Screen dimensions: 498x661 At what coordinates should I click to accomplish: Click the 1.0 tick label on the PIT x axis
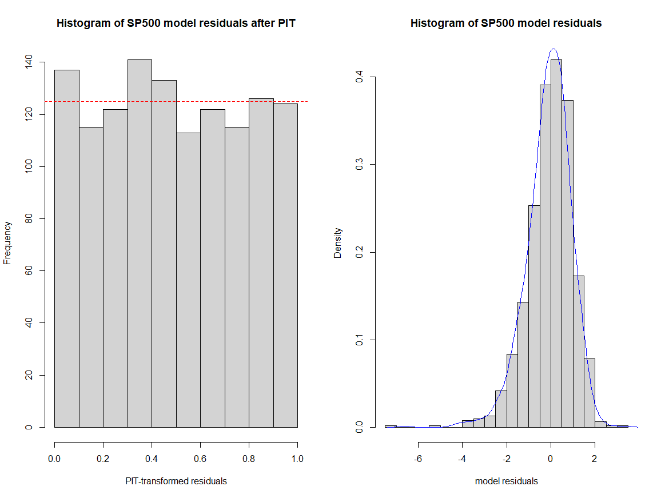point(297,459)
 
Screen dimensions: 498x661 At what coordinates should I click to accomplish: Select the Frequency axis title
point(7,243)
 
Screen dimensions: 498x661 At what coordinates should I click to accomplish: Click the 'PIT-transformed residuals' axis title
point(176,481)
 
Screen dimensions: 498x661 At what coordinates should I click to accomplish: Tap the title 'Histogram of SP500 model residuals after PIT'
point(176,23)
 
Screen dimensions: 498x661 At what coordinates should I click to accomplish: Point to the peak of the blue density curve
point(553,49)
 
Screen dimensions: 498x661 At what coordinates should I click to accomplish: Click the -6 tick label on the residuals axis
point(418,459)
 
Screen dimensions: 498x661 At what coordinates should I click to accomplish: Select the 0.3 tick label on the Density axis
point(359,165)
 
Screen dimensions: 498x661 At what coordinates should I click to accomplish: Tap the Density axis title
point(338,243)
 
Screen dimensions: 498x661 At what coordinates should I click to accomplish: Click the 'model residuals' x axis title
point(506,481)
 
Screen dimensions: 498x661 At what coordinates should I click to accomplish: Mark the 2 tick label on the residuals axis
point(595,459)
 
